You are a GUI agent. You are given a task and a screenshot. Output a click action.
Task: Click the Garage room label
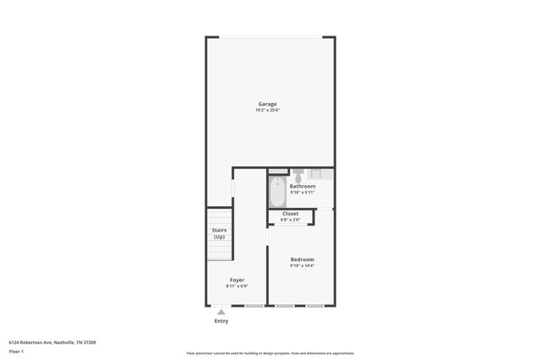pyautogui.click(x=267, y=104)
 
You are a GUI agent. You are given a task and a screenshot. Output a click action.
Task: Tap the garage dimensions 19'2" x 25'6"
pyautogui.click(x=267, y=111)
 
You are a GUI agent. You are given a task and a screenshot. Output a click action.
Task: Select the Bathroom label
pyautogui.click(x=303, y=186)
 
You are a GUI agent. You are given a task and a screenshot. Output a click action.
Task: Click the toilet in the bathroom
pyautogui.click(x=298, y=175)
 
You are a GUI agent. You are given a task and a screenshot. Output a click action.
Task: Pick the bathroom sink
pyautogui.click(x=314, y=173)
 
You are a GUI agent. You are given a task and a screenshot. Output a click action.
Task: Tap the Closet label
pyautogui.click(x=290, y=214)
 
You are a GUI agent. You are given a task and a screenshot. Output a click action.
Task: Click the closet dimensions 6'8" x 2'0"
pyautogui.click(x=290, y=221)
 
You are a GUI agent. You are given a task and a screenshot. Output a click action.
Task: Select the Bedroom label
pyautogui.click(x=302, y=259)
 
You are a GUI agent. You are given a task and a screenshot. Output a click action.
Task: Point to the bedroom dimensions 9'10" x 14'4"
pyautogui.click(x=302, y=265)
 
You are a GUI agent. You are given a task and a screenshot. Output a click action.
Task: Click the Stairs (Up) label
pyautogui.click(x=219, y=233)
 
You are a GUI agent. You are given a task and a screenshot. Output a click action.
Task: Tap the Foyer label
pyautogui.click(x=237, y=280)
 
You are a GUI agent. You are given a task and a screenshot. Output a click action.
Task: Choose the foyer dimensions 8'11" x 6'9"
pyautogui.click(x=237, y=286)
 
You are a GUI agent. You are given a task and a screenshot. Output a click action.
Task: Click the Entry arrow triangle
pyautogui.click(x=221, y=312)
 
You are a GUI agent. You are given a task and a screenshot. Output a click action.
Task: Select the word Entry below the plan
pyautogui.click(x=221, y=321)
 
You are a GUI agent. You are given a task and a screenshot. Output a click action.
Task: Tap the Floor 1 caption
pyautogui.click(x=16, y=352)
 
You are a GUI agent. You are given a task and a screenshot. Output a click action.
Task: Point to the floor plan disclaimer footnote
pyautogui.click(x=270, y=353)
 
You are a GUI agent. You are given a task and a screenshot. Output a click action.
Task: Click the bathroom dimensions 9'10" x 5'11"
pyautogui.click(x=303, y=193)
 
